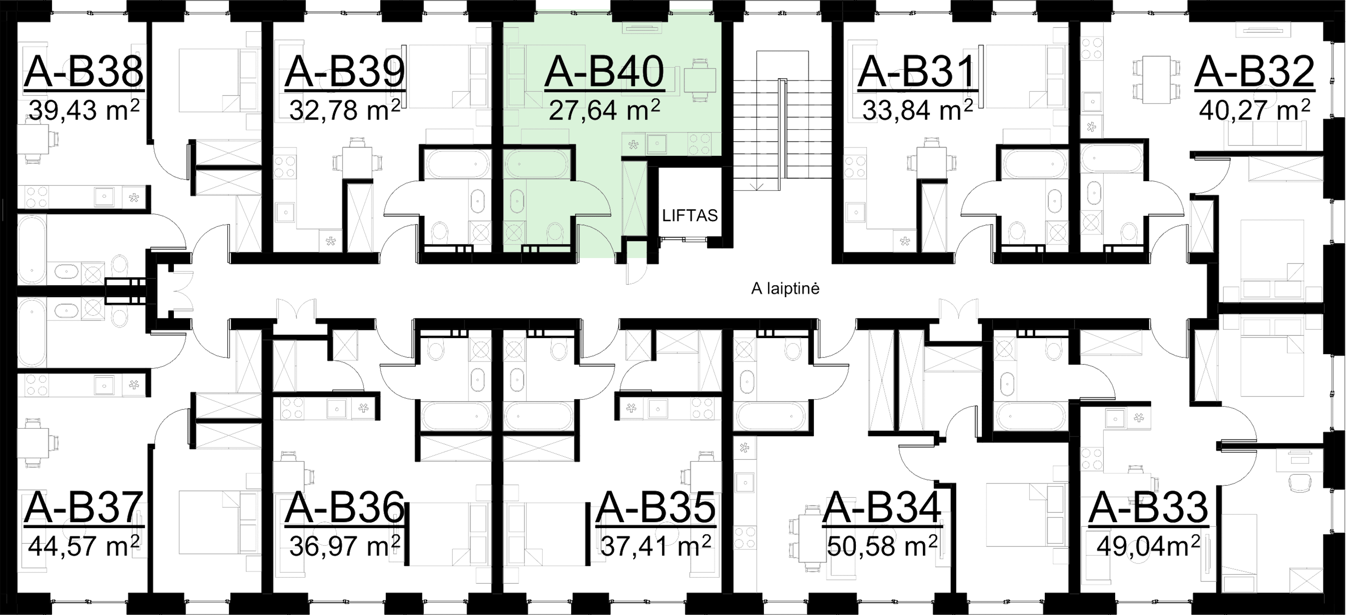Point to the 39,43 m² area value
click(84, 110)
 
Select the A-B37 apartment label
click(84, 508)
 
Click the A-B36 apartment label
click(345, 508)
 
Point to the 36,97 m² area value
click(345, 546)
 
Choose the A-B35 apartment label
click(656, 508)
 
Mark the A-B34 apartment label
click(883, 508)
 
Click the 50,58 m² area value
click(883, 546)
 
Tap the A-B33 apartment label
click(1150, 508)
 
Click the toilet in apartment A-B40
click(554, 232)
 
